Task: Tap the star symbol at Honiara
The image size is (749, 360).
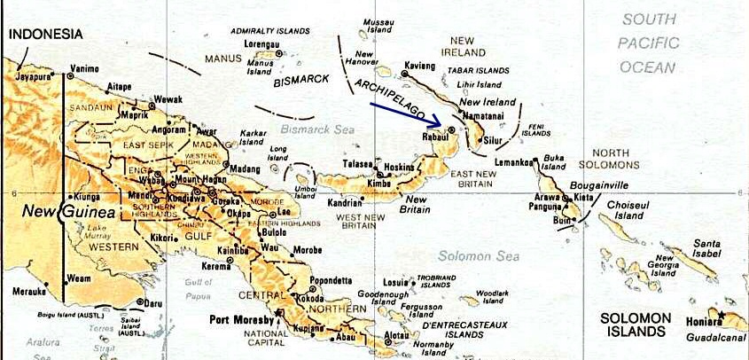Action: point(722,317)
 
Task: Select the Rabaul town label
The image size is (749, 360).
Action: point(433,138)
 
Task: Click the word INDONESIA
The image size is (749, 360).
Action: point(46,35)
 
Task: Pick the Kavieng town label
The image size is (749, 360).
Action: point(420,66)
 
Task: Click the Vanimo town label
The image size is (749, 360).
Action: point(84,69)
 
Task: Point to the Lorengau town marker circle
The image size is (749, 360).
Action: point(279,53)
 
